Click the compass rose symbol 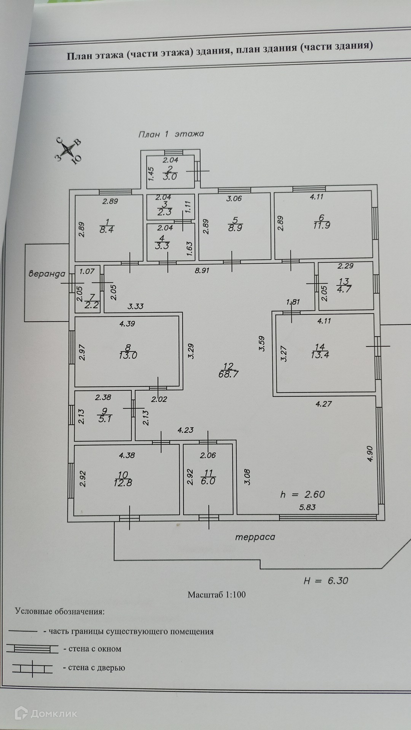68,150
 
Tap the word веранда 47,273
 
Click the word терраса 255,537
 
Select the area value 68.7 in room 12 229,374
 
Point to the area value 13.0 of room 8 128,355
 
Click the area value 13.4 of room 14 320,355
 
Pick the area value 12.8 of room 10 123,483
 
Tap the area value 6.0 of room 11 208,481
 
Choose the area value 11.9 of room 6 322,225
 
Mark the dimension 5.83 307,507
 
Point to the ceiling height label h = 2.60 303,494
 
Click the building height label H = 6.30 326,581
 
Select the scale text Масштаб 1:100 217,595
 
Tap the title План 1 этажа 171,134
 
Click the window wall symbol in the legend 32,649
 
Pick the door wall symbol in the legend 32,668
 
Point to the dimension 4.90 370,454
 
